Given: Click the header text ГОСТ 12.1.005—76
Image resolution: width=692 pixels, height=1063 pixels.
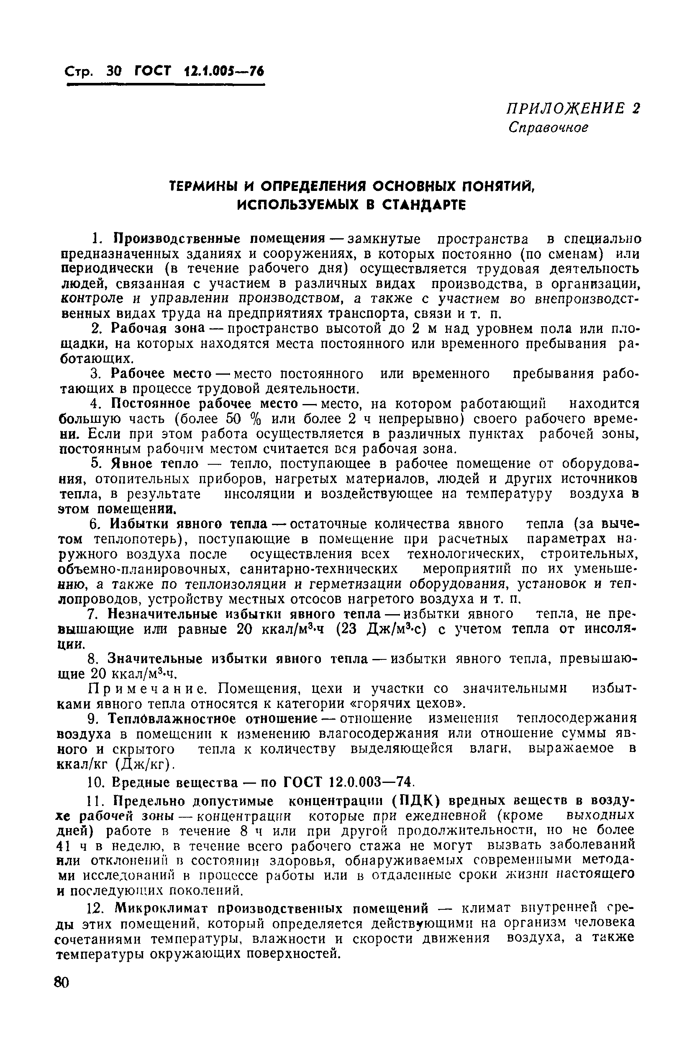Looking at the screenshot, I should coord(199,71).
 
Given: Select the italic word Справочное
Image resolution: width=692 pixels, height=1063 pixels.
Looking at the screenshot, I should coord(548,128).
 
